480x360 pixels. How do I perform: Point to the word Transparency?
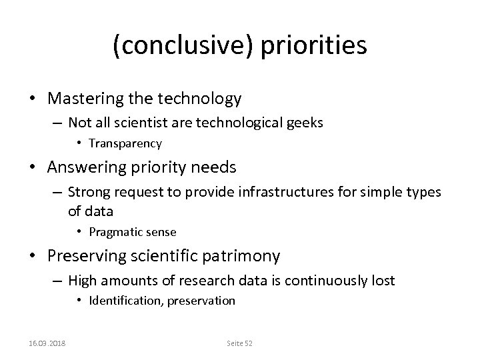[125, 143]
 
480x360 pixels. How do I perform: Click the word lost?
[384, 281]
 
